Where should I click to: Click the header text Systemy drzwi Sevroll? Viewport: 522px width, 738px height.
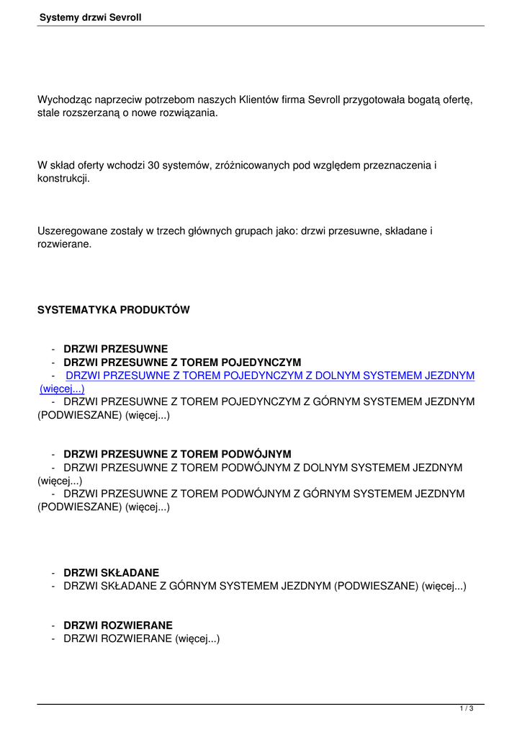(91, 17)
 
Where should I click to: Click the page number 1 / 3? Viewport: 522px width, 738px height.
(467, 709)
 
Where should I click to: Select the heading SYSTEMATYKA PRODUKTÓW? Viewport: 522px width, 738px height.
(114, 310)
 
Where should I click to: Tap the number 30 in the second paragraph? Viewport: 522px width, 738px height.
(153, 166)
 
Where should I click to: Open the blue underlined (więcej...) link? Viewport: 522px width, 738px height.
(62, 389)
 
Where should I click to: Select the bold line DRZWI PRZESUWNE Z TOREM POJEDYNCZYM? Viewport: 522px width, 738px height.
(182, 363)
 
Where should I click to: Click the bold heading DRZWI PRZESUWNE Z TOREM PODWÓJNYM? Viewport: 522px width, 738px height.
(177, 455)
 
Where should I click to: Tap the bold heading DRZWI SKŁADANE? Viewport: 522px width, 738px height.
(112, 573)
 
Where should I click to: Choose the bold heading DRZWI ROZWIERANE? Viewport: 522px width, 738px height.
(118, 626)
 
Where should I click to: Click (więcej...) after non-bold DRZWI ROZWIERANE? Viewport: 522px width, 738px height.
(197, 639)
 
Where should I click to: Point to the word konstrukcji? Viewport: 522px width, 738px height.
(63, 179)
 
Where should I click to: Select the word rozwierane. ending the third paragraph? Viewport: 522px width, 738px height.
(64, 244)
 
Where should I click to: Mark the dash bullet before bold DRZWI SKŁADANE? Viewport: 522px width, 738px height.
(53, 573)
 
